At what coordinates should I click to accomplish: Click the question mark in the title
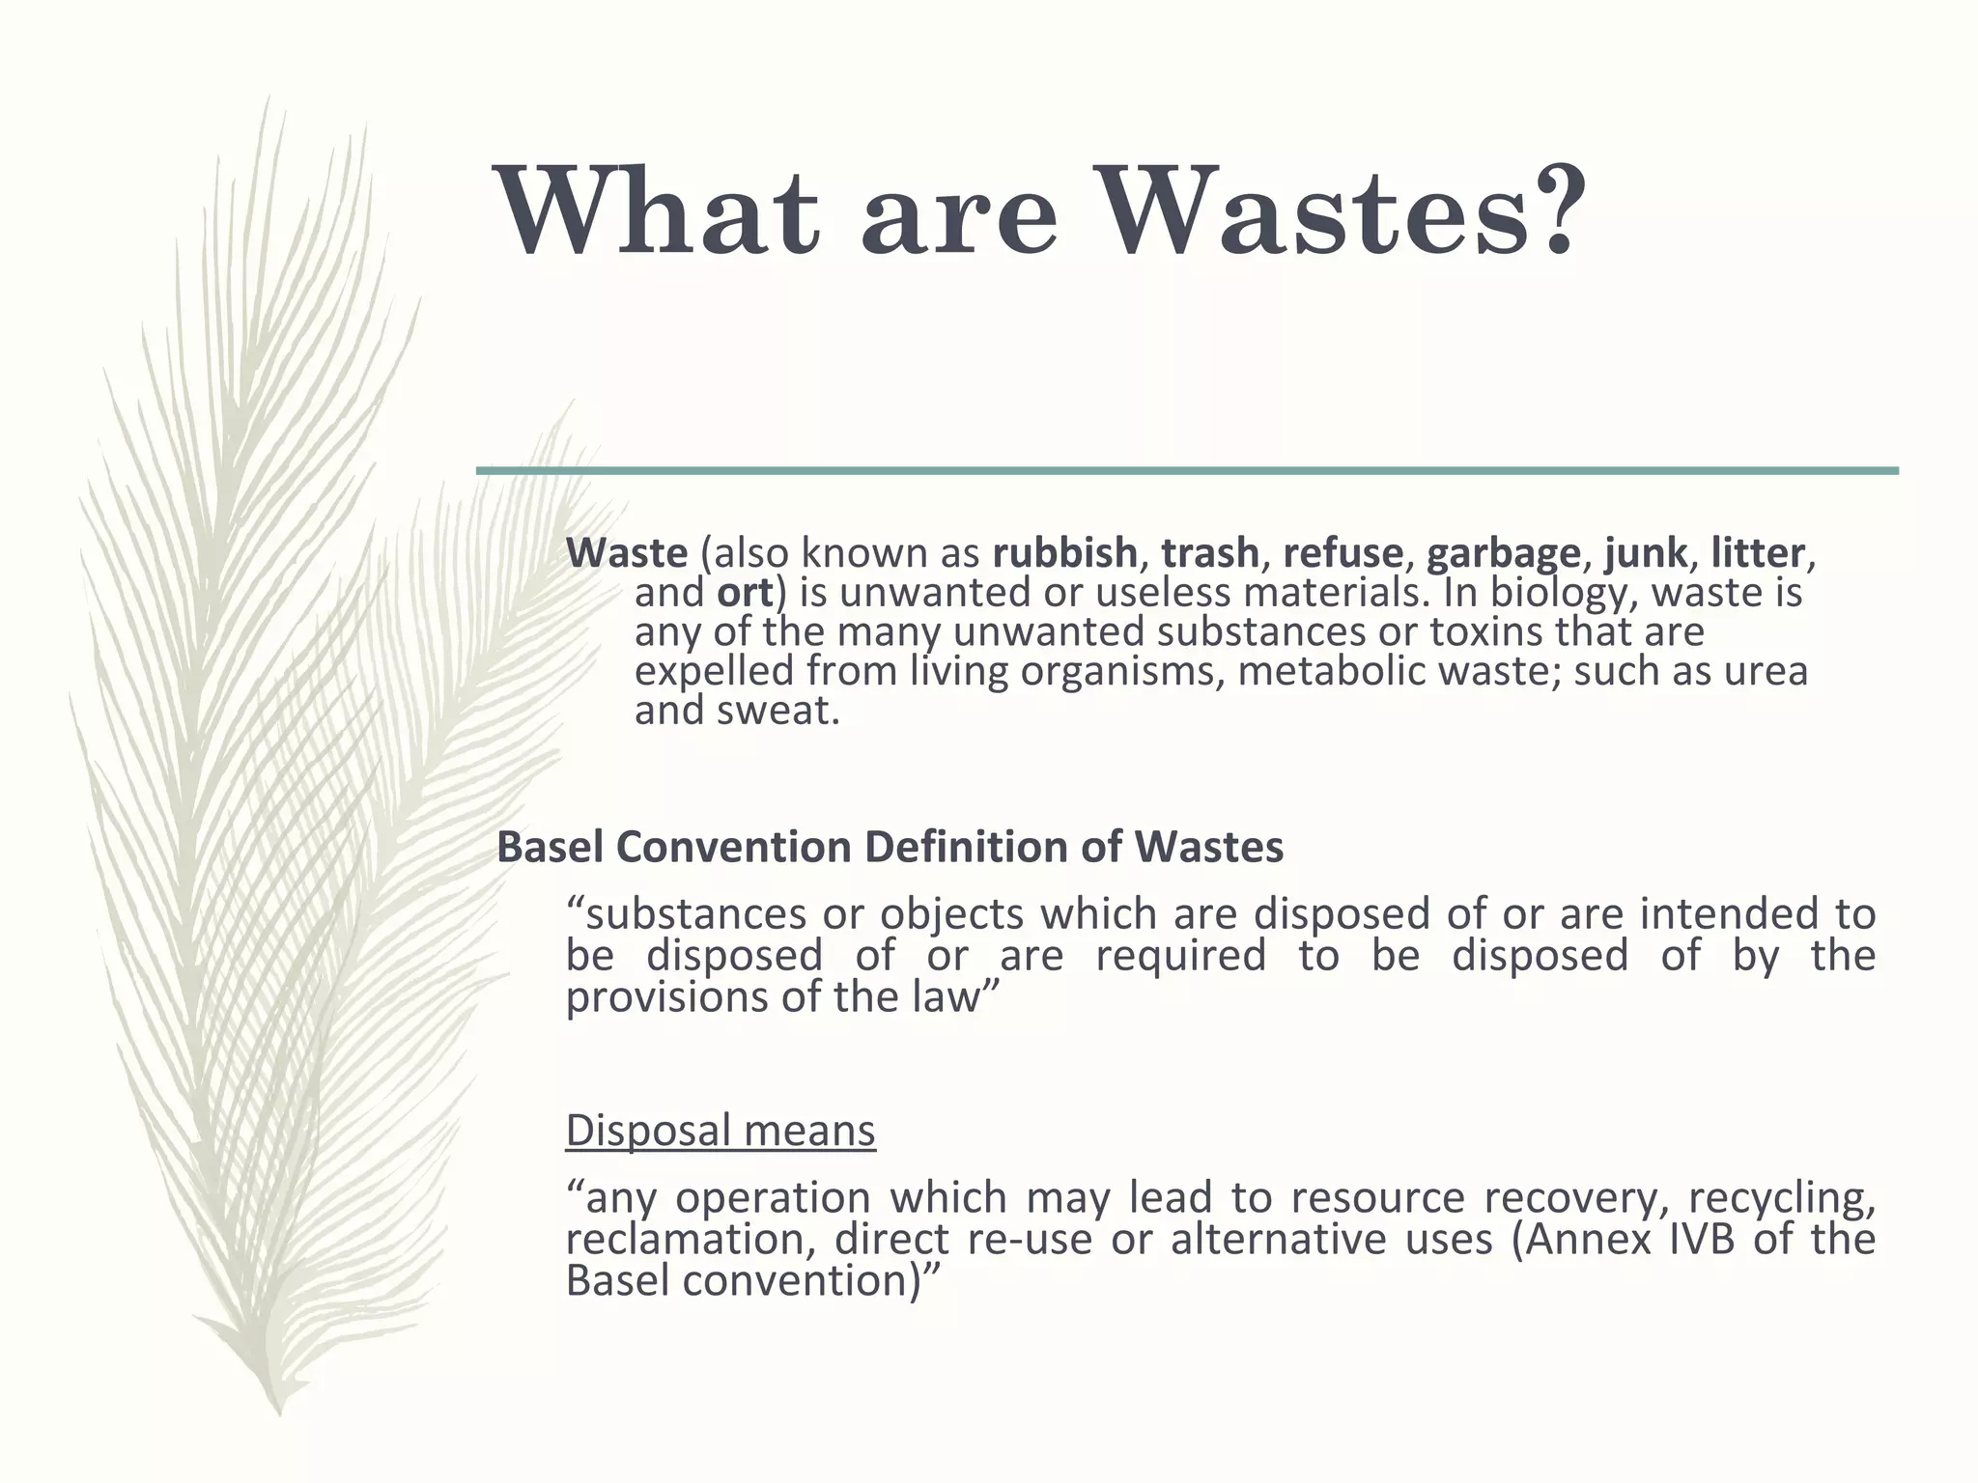(1551, 210)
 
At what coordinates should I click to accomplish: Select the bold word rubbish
(1064, 553)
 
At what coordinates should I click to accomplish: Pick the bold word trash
(1210, 553)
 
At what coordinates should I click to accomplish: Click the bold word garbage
(1503, 553)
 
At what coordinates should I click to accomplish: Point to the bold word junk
(1646, 553)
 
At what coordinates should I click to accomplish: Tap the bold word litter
(1757, 553)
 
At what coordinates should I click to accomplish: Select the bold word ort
(745, 593)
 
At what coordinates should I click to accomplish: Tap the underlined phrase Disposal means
(721, 1130)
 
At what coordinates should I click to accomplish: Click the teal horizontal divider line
(1187, 470)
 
